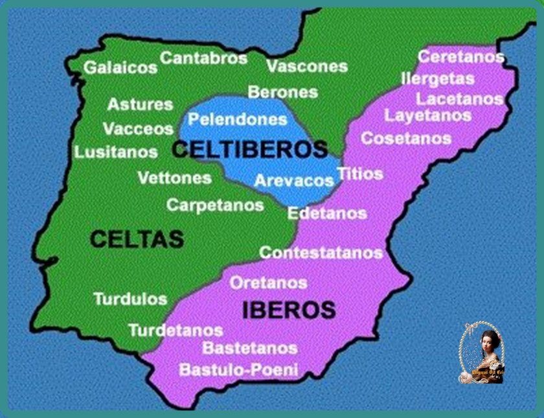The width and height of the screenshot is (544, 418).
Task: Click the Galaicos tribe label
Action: coord(120,67)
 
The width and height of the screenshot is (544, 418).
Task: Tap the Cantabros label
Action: coord(204,58)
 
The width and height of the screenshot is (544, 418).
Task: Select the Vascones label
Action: coord(307,67)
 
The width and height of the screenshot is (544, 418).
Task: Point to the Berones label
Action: coord(283,92)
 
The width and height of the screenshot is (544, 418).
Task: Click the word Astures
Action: coord(140,104)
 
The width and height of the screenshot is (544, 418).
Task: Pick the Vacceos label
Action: coord(138,128)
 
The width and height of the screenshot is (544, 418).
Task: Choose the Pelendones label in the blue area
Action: coord(237,119)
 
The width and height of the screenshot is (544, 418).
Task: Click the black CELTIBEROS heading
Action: coord(250,149)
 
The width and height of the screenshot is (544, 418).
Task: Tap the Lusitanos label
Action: coord(116,152)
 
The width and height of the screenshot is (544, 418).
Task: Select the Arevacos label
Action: coord(293,180)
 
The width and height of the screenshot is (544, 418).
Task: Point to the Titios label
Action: coord(360,174)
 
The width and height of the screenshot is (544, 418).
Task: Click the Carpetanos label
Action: coord(215,205)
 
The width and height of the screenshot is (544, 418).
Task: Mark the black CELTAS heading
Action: coord(137,239)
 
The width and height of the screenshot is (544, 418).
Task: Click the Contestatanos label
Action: coord(321,252)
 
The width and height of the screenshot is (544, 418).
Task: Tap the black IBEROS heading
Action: coord(289,310)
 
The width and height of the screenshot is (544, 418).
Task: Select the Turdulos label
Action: coord(130,299)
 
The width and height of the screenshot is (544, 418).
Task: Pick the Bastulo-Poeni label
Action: coord(238,370)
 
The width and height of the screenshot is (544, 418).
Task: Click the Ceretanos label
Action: coord(460,57)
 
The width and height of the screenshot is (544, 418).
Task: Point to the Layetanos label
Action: coord(427,116)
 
